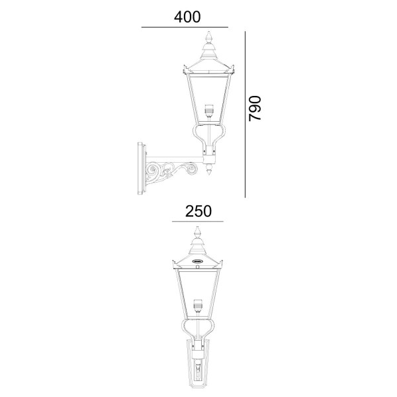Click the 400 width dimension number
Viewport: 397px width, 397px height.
(187, 17)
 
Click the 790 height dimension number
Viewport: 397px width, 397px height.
(255, 109)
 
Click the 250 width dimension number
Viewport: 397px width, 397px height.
(198, 211)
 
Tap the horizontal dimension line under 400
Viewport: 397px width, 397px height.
(185, 27)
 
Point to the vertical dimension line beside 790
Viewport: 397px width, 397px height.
(245, 114)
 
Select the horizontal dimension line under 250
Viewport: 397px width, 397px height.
(198, 222)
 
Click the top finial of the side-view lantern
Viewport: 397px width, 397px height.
(209, 37)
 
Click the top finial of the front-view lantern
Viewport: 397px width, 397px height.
(197, 232)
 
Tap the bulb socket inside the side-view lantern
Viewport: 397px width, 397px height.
(209, 109)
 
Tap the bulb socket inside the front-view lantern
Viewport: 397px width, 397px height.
(197, 304)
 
